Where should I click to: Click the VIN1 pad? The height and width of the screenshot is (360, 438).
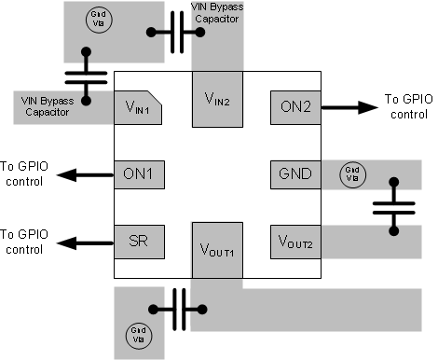click(137, 109)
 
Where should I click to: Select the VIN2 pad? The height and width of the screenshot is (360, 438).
click(216, 97)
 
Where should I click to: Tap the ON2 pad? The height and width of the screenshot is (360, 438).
click(294, 107)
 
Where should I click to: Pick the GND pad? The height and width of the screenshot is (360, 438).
click(294, 173)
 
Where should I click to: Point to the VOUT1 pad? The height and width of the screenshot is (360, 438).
click(216, 250)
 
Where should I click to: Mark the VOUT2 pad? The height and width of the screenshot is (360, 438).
click(294, 242)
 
